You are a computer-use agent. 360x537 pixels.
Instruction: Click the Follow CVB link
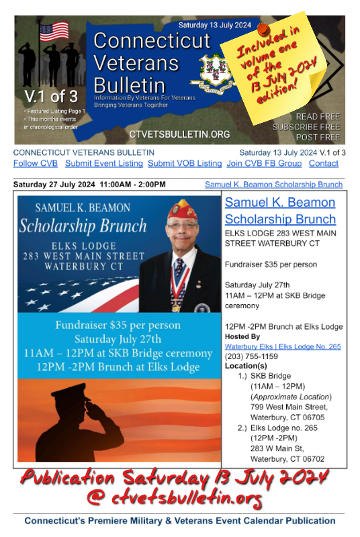[x=36, y=164]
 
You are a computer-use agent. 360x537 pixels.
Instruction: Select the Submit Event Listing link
[x=103, y=164]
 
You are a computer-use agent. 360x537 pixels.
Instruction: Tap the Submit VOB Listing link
[x=185, y=164]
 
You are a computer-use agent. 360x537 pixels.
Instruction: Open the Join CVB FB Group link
[x=264, y=164]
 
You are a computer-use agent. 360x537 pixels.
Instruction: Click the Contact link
[x=324, y=164]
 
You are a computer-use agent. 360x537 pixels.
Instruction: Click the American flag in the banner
[x=54, y=32]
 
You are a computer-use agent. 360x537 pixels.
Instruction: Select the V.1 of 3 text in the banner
[x=42, y=95]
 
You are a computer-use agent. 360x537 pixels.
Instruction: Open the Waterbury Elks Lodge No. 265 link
[x=283, y=346]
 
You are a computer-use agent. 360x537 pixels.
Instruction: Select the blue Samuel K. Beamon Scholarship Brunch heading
[x=280, y=211]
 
